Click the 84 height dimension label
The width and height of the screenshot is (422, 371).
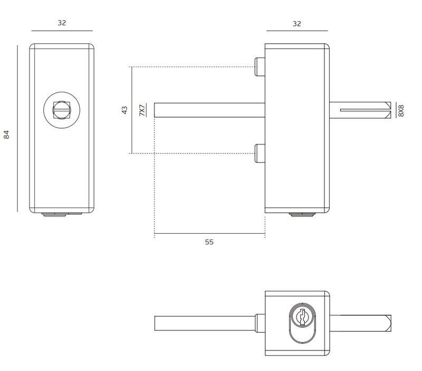[x=6, y=135]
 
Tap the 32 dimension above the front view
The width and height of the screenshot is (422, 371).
[x=62, y=23]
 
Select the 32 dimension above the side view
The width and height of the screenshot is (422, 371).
[x=297, y=24]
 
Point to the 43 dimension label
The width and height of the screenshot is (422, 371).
[x=124, y=110]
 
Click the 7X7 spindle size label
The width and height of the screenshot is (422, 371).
[x=142, y=110]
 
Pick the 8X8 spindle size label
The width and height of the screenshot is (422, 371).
[x=401, y=111]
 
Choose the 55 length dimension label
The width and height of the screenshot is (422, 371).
[x=209, y=242]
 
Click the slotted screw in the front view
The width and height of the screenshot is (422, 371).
[x=62, y=110]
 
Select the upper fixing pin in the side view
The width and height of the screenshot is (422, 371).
[x=260, y=67]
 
